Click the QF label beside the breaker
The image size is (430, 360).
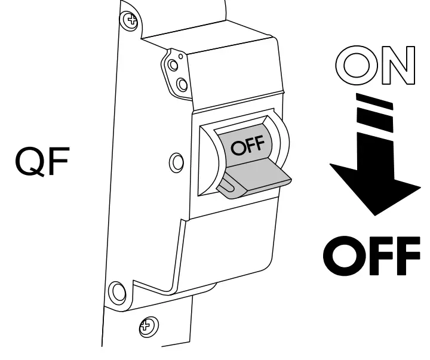(x=43, y=163)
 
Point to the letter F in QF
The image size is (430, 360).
(x=58, y=163)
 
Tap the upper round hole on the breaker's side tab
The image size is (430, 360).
(x=173, y=63)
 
